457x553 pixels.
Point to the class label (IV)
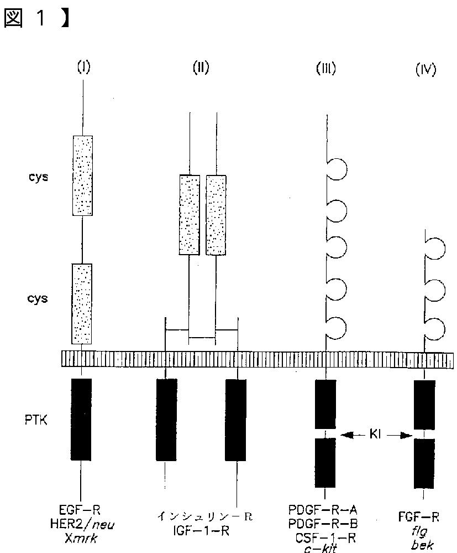(425, 70)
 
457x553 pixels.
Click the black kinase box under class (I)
(82, 418)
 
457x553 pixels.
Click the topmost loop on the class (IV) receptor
(434, 245)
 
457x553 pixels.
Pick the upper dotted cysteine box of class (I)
(82, 175)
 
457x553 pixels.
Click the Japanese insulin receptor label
(204, 518)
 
